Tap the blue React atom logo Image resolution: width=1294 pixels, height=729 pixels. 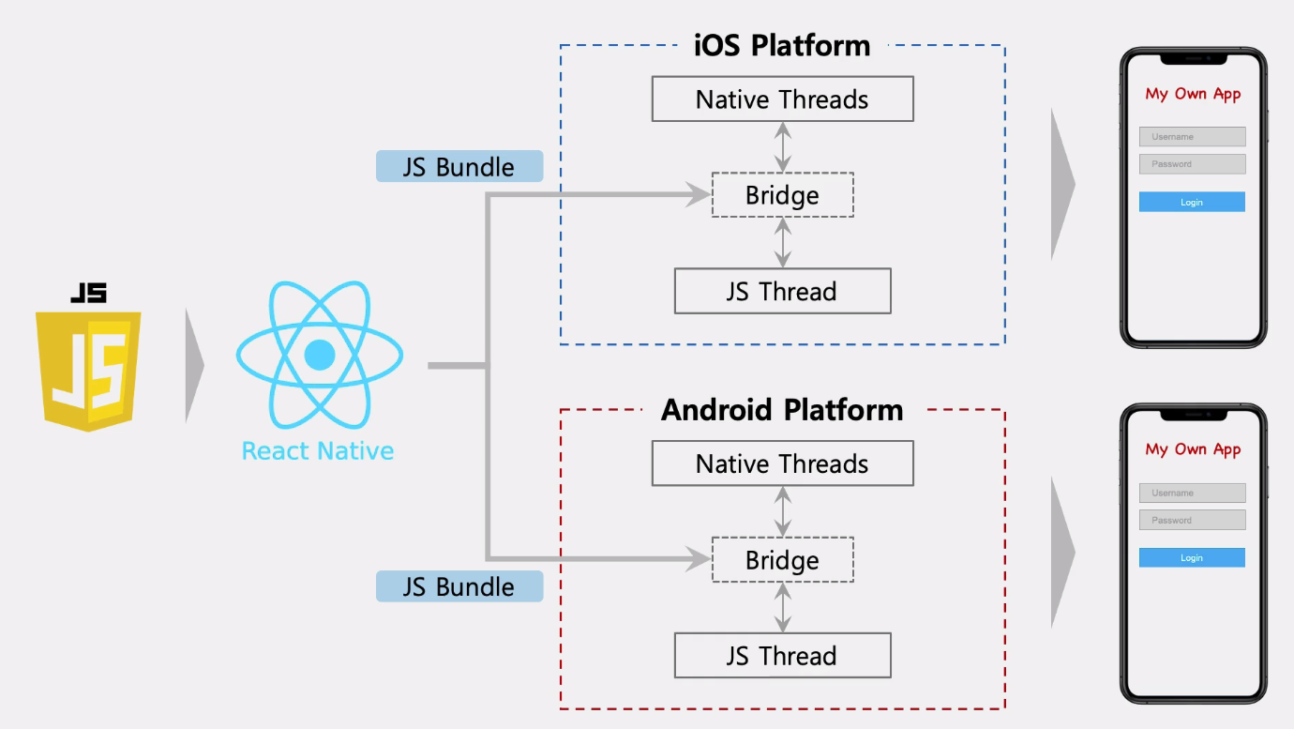[x=319, y=355]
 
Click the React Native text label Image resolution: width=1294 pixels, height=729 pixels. [x=318, y=451]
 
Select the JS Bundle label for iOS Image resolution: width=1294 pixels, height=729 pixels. [x=459, y=167]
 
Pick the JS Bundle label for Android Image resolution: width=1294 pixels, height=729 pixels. [x=459, y=586]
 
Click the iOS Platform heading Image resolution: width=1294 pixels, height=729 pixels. [x=782, y=46]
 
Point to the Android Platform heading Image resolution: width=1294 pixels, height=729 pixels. [x=782, y=410]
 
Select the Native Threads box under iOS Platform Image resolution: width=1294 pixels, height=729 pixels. [x=782, y=99]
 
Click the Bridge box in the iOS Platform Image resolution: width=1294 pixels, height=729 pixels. [x=782, y=195]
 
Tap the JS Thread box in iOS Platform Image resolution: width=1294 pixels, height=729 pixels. [x=782, y=291]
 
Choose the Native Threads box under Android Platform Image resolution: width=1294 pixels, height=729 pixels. [x=782, y=463]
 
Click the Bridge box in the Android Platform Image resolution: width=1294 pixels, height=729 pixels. [x=782, y=560]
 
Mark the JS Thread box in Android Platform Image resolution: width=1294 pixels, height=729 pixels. [x=782, y=656]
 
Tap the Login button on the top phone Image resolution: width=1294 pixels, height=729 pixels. [x=1192, y=202]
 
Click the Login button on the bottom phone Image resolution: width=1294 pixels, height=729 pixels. [x=1192, y=558]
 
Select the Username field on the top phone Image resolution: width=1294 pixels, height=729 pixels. [x=1192, y=137]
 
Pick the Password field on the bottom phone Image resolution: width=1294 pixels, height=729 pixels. [x=1192, y=520]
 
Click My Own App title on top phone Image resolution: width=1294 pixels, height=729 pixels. [x=1193, y=94]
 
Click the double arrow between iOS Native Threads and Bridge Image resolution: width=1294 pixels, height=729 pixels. [x=783, y=146]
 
